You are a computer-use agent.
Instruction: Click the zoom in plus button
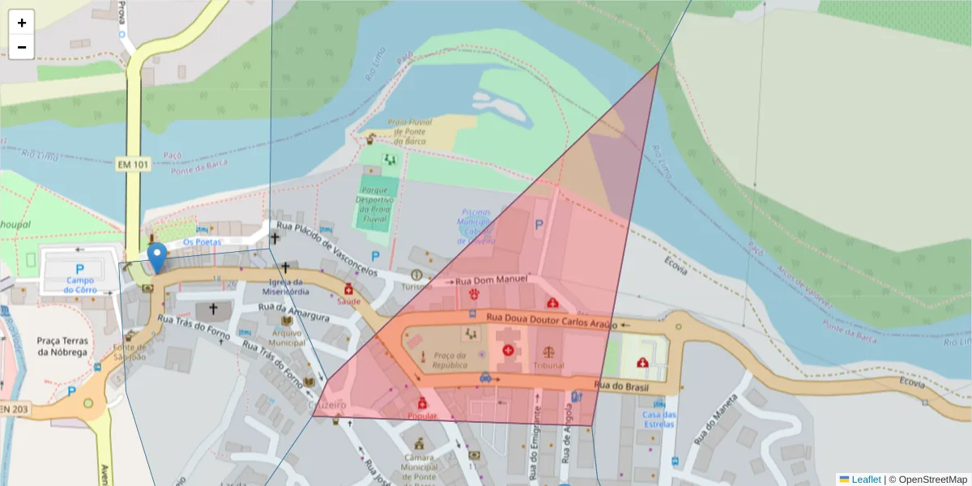pos(22,23)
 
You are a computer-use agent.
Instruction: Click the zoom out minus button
pos(22,47)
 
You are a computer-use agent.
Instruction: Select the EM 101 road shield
pos(133,164)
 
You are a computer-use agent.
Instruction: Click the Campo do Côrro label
pos(81,284)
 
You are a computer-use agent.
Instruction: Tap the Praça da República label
pos(450,360)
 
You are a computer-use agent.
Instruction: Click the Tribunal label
pos(548,365)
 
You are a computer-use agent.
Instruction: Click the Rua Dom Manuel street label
pos(492,280)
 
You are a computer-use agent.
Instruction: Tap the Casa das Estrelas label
pos(659,419)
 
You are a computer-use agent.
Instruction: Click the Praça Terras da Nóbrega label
pos(62,346)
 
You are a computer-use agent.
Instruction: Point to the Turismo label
pos(417,287)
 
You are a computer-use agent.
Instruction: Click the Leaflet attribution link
pos(865,479)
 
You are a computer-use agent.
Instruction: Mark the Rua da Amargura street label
pos(293,312)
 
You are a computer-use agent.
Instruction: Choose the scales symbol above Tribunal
pos(550,352)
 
